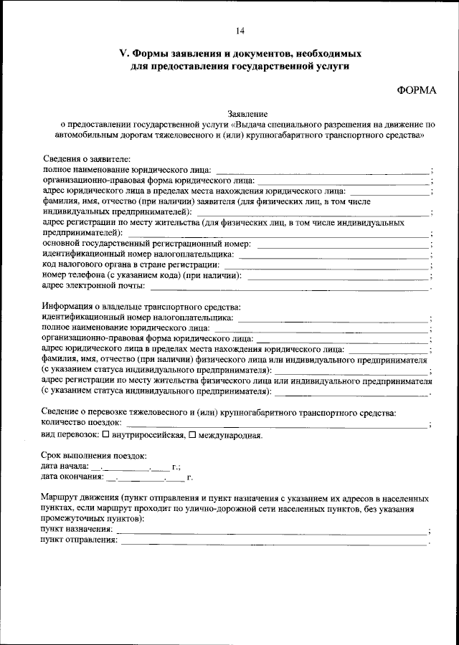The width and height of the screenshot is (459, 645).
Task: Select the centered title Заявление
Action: (x=247, y=113)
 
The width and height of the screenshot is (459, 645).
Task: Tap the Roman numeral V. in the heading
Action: (x=123, y=54)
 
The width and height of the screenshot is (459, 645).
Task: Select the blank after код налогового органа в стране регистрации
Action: (x=326, y=266)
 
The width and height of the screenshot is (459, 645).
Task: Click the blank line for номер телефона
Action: (x=337, y=276)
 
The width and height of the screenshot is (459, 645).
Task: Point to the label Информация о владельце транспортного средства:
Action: (x=141, y=307)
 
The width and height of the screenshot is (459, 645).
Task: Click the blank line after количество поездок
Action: (x=280, y=425)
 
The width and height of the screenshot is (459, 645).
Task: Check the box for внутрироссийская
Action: (x=106, y=435)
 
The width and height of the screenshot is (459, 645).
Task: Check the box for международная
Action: (x=191, y=435)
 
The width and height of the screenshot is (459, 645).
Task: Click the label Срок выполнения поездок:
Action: (x=94, y=456)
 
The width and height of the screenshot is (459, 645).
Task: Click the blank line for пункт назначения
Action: (x=273, y=531)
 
